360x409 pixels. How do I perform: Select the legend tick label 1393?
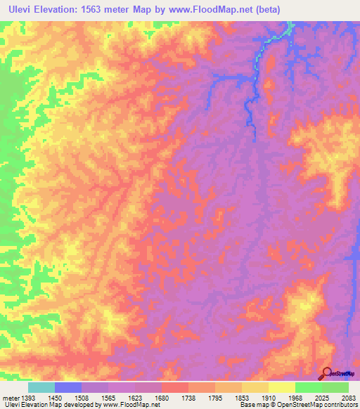click(x=29, y=397)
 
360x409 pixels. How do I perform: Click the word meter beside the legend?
click(x=10, y=397)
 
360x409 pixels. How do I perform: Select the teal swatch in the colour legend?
click(x=41, y=387)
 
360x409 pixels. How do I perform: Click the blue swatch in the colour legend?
click(x=68, y=387)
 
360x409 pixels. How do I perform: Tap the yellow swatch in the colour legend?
click(x=281, y=387)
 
